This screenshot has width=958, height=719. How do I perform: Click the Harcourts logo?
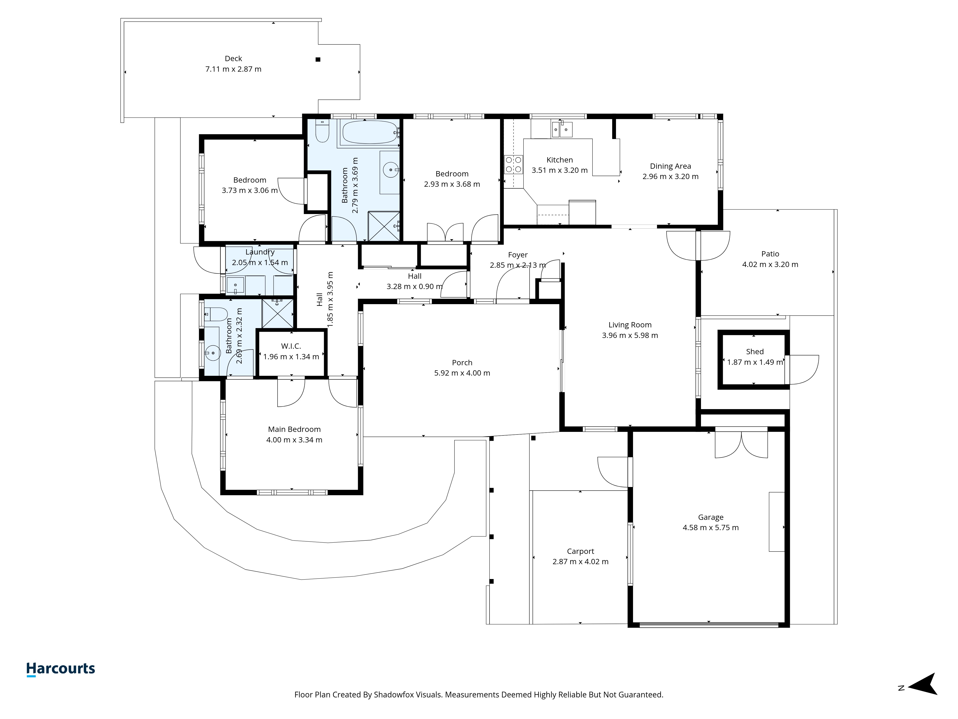[x=61, y=669]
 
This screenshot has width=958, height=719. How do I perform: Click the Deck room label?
[x=234, y=58]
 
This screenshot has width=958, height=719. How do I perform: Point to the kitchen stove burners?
[x=514, y=165]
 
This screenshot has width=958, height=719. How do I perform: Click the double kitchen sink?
[x=562, y=129]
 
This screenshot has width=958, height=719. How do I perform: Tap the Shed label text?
[x=755, y=352]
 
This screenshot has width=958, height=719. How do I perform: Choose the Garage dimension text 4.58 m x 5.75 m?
[x=711, y=528]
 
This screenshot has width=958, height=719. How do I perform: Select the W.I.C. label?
[x=291, y=346]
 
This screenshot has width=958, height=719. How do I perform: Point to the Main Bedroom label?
[x=295, y=429]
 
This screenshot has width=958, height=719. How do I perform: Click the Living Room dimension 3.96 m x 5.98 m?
[x=630, y=335]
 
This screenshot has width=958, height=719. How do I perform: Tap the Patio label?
[x=770, y=254]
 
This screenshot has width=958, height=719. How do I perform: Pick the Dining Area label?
[x=670, y=166]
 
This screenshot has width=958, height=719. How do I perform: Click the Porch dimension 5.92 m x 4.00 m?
[x=462, y=373]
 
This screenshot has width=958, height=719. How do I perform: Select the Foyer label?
[x=518, y=255]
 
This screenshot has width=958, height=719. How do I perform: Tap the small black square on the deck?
[x=318, y=59]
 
